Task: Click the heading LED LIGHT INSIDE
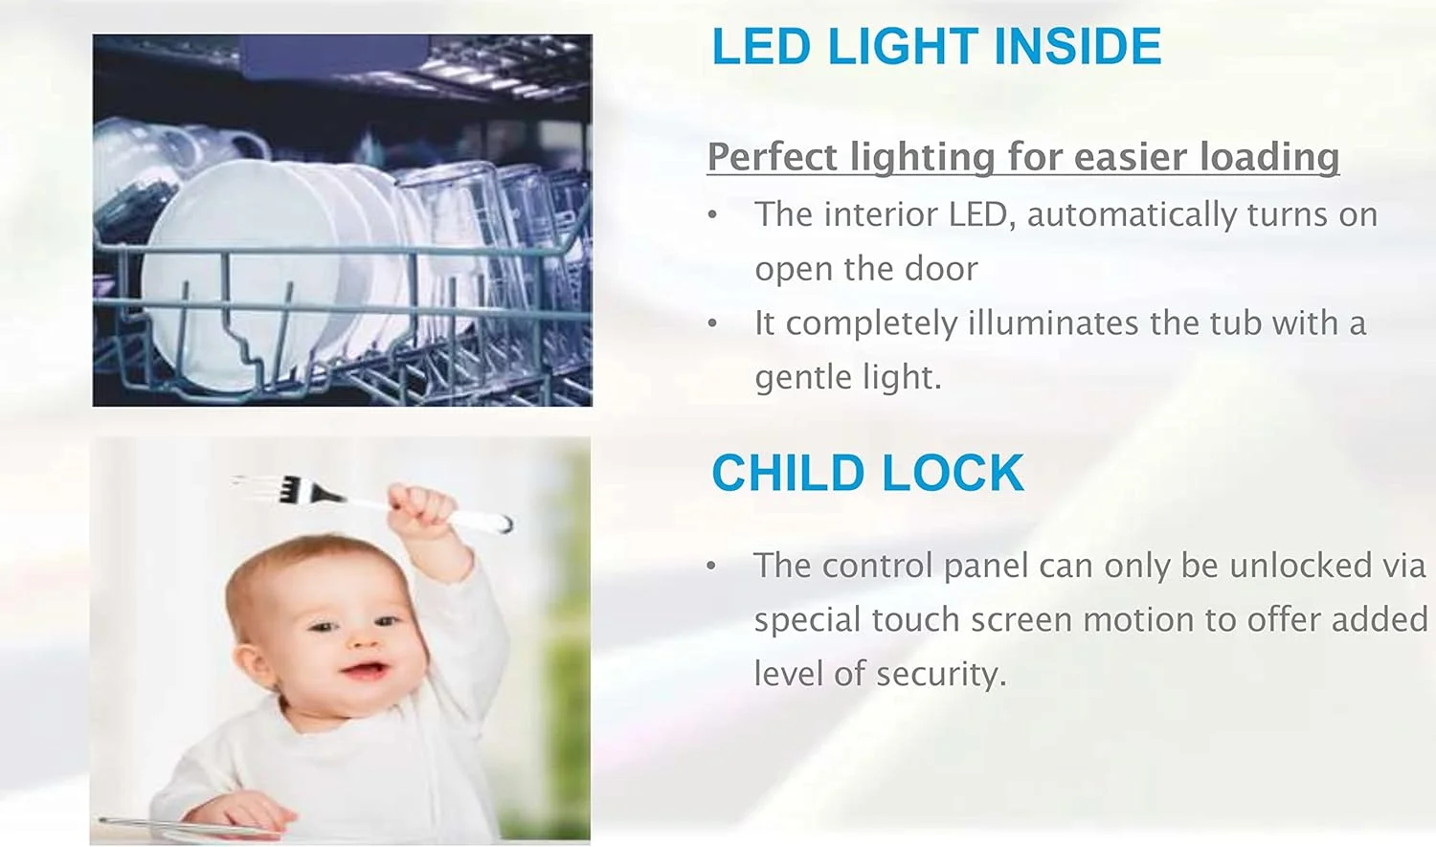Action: pyautogui.click(x=936, y=46)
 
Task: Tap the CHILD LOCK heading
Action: pyautogui.click(x=867, y=474)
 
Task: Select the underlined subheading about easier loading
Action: pyautogui.click(x=1023, y=156)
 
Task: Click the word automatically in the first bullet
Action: pyautogui.click(x=1132, y=214)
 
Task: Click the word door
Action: pyautogui.click(x=941, y=268)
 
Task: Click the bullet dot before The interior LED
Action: pyautogui.click(x=712, y=215)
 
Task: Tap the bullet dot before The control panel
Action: pyautogui.click(x=711, y=567)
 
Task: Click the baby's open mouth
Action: pyautogui.click(x=365, y=671)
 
